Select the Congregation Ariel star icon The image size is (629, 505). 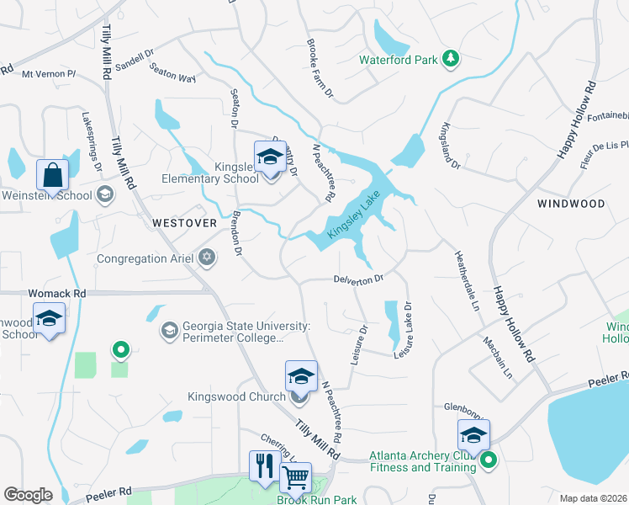pyautogui.click(x=207, y=258)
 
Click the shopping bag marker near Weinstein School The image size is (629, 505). pyautogui.click(x=52, y=176)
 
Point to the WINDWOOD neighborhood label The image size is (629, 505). pyautogui.click(x=571, y=204)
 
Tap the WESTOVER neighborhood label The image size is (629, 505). pyautogui.click(x=184, y=222)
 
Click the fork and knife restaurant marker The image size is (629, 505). pyautogui.click(x=264, y=466)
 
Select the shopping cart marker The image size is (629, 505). pyautogui.click(x=295, y=478)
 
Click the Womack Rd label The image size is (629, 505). pyautogui.click(x=57, y=294)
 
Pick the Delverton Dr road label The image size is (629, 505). pyautogui.click(x=358, y=278)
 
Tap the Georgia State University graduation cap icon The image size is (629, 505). pyautogui.click(x=170, y=330)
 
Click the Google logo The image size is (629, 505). pyautogui.click(x=28, y=494)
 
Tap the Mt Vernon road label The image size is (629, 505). pyautogui.click(x=49, y=74)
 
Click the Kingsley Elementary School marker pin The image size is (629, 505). pyautogui.click(x=270, y=158)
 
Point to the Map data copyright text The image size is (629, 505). pyautogui.click(x=593, y=498)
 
